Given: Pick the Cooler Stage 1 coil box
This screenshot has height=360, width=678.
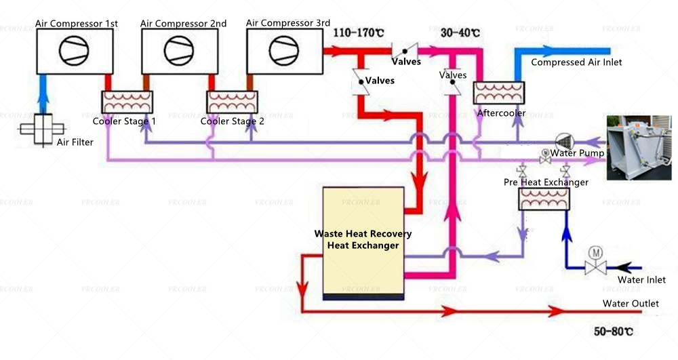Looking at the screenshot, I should (x=128, y=102).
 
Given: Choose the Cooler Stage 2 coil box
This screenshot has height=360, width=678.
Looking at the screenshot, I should (x=233, y=102).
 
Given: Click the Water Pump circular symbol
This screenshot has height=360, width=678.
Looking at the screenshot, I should (x=562, y=140).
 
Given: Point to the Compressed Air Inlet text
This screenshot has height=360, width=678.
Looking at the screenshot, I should (x=576, y=62).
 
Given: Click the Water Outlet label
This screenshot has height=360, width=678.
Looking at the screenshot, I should (x=631, y=304).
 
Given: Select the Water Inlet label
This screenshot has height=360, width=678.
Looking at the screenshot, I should (x=641, y=279).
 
